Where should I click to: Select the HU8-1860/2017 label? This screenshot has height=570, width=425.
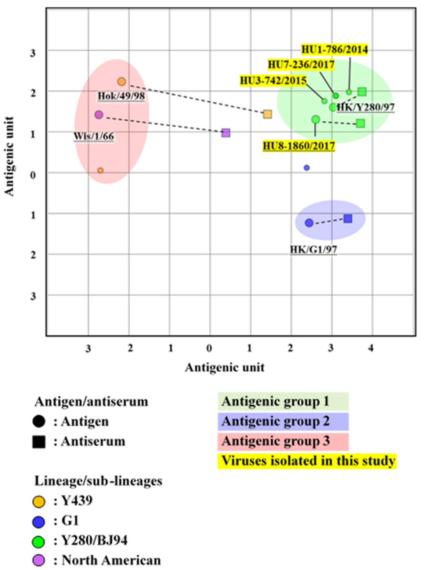coord(299,146)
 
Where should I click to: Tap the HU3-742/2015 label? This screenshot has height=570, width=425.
coord(273,80)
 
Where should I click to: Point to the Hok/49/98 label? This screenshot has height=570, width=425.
coord(121,96)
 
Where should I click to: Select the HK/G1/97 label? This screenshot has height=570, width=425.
coord(313,249)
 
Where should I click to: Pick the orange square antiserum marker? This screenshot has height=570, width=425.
coord(268,114)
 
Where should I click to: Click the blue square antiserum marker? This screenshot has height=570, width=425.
coord(348,219)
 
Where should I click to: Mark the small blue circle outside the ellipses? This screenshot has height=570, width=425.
coord(306,168)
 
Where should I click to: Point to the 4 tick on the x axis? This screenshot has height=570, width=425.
coord(371,349)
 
